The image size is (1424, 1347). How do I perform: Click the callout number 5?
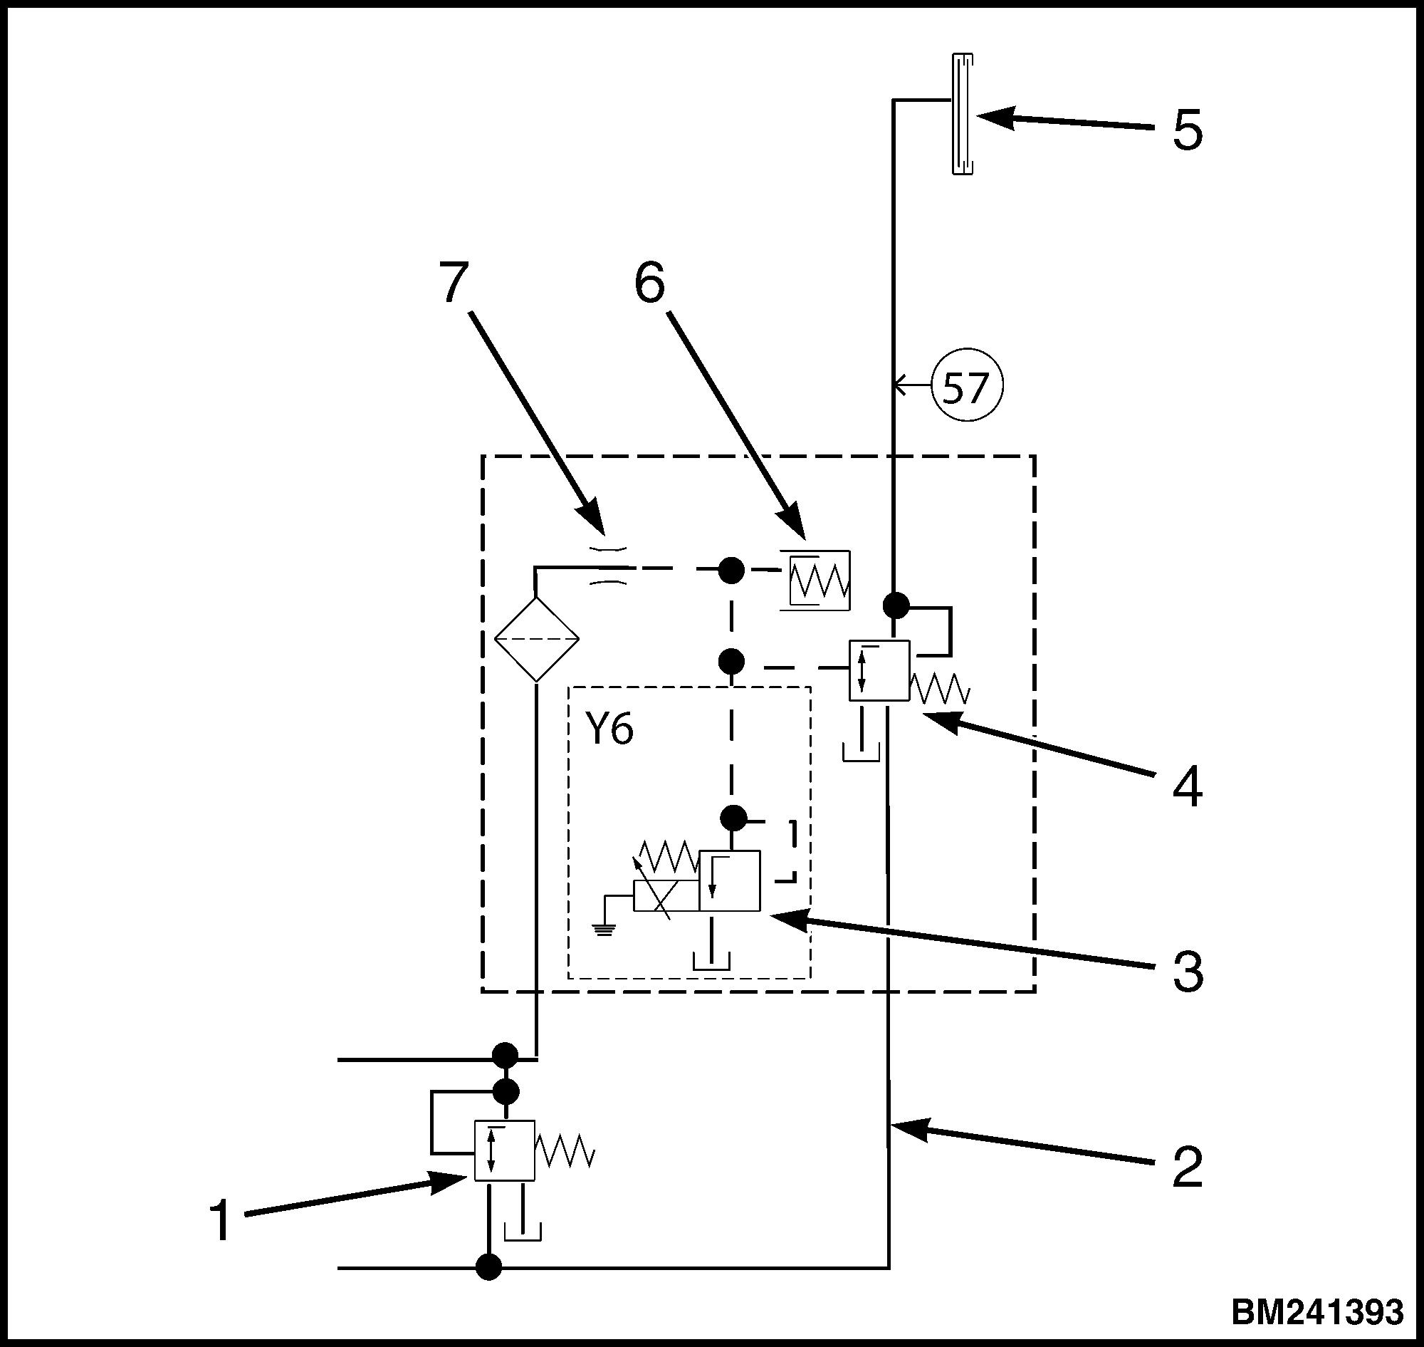[x=1187, y=130]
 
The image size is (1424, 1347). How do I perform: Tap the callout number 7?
[x=453, y=281]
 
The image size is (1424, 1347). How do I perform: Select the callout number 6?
[x=649, y=281]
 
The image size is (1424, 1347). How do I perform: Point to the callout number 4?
[x=1187, y=788]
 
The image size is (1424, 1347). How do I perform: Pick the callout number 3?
[x=1187, y=972]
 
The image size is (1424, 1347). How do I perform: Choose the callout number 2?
[x=1187, y=1167]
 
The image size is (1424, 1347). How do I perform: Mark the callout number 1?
[x=219, y=1221]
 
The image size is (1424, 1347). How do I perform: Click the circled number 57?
[x=966, y=387]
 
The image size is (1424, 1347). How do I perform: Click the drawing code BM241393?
[x=1317, y=1311]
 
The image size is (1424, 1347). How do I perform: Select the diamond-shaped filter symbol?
[x=536, y=638]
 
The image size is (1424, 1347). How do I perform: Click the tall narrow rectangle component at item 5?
[x=962, y=114]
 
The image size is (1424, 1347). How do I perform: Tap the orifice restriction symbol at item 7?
[x=609, y=568]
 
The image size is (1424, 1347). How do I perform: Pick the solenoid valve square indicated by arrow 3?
[x=729, y=881]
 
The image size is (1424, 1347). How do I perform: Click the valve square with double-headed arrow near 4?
[x=880, y=670]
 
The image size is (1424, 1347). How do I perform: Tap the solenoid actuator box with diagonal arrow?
[x=666, y=895]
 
